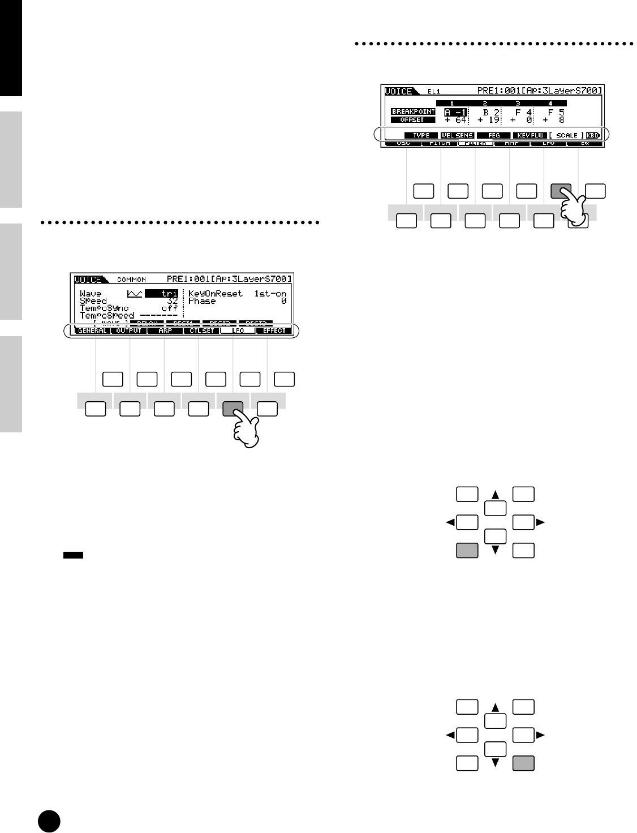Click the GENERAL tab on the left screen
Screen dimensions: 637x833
[x=92, y=330]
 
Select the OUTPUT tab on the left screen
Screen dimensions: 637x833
[x=128, y=330]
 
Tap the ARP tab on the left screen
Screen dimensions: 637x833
[x=165, y=330]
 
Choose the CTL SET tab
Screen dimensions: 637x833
[x=201, y=330]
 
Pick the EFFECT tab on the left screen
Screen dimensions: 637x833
[x=274, y=330]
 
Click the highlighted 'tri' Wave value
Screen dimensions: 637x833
[x=162, y=294]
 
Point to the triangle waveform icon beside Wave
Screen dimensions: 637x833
[x=135, y=294]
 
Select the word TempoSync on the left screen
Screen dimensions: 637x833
[x=105, y=308]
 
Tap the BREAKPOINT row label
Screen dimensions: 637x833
[x=413, y=112]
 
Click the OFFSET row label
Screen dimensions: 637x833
[x=413, y=120]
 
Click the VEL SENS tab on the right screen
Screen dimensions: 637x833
[x=457, y=136]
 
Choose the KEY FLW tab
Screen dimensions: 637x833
[x=528, y=136]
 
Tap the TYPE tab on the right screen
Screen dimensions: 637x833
[x=421, y=136]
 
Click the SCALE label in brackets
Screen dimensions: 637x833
[x=566, y=136]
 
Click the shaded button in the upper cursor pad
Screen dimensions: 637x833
[x=467, y=549]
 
